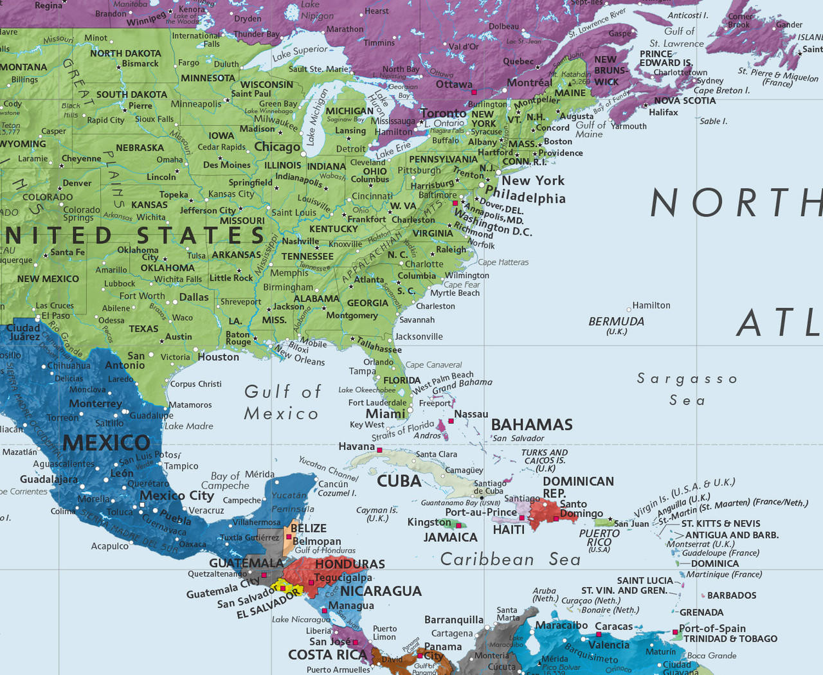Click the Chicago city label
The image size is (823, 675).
[277, 147]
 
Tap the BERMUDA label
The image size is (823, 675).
[616, 321]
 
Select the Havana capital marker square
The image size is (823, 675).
[379, 450]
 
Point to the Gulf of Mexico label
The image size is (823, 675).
[282, 402]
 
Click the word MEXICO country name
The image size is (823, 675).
[106, 443]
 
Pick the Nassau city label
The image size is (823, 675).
[471, 414]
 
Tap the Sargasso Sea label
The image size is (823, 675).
[687, 390]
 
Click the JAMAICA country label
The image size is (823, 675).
[450, 537]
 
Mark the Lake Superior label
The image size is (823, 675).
[300, 53]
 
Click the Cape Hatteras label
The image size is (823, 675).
[503, 262]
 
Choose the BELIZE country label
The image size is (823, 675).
[309, 528]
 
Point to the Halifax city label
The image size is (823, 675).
[664, 113]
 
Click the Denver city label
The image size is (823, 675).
[77, 183]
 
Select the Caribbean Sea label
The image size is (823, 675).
[510, 559]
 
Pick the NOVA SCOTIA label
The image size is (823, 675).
[685, 100]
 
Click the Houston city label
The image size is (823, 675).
[218, 357]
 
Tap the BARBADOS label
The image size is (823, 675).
[732, 595]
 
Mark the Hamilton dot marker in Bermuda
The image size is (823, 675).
[629, 310]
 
